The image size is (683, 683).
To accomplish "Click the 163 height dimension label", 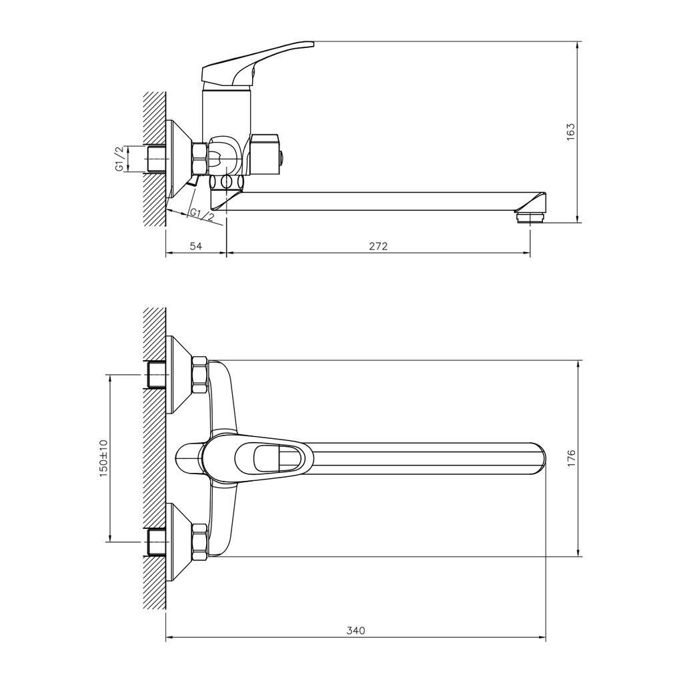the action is pos(571,132).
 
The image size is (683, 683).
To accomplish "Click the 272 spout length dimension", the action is pos(378,246).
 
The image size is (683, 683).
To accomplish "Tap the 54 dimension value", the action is pos(196,246).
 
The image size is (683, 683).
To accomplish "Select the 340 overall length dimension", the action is pos(356,630).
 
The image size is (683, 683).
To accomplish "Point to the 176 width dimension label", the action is pos(571,459).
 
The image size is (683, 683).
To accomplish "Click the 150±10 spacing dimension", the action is pos(103,458).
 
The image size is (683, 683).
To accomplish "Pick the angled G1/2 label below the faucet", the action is pos(201,215).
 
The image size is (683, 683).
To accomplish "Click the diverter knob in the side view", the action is pos(267,154).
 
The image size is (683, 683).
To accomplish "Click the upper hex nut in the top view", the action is pos(199,376).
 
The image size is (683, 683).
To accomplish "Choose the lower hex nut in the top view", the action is pos(199,542).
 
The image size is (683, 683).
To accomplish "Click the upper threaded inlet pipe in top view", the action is pos(157,376).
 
